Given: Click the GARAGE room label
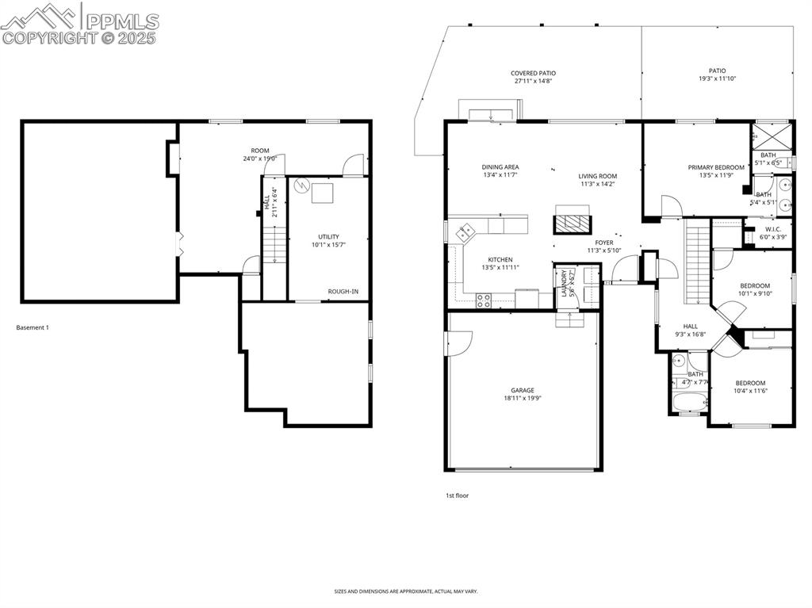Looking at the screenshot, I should pyautogui.click(x=522, y=390).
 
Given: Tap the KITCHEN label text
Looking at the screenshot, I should pyautogui.click(x=500, y=260).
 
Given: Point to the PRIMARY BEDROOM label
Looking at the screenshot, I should pyautogui.click(x=716, y=167).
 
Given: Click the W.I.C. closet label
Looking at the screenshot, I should pyautogui.click(x=774, y=229).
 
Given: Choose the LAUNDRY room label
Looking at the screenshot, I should pyautogui.click(x=564, y=283).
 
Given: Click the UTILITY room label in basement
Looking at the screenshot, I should pyautogui.click(x=328, y=236).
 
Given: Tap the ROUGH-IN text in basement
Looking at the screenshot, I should pyautogui.click(x=343, y=292).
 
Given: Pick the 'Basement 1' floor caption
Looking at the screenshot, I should pyautogui.click(x=33, y=327).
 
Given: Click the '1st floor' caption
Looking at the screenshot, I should pyautogui.click(x=457, y=495).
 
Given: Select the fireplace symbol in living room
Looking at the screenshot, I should pyautogui.click(x=572, y=220).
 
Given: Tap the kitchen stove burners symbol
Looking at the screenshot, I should pyautogui.click(x=483, y=299).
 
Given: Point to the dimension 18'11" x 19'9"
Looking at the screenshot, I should pyautogui.click(x=522, y=398).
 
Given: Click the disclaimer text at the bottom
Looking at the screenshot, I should pyautogui.click(x=405, y=591).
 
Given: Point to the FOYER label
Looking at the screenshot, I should pyautogui.click(x=604, y=243).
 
